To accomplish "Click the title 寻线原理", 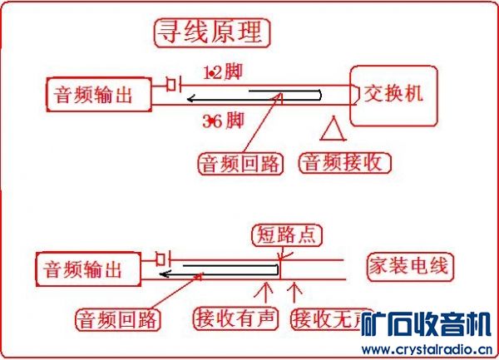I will (211, 32).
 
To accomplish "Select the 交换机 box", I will (394, 94).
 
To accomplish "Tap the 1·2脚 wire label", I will (222, 72).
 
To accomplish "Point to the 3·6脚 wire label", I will (222, 121).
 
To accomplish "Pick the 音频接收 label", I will (344, 162).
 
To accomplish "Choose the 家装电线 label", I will (408, 267).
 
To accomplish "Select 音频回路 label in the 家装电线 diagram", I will (118, 318).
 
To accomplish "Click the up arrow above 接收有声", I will (265, 292).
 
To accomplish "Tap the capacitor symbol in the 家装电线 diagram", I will (163, 257).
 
